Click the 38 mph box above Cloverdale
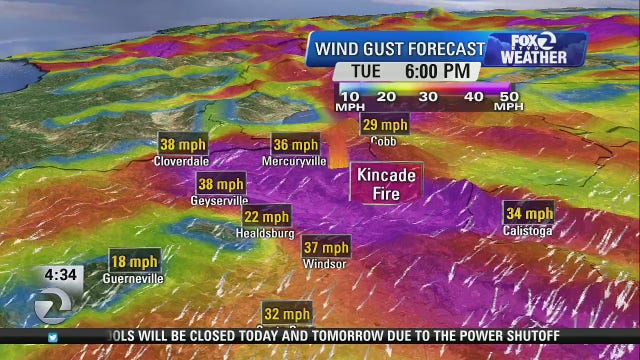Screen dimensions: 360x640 tap(181, 143)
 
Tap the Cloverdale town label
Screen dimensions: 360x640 tap(181, 160)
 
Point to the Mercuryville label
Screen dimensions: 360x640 tap(294, 160)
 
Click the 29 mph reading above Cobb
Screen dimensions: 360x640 tap(384, 125)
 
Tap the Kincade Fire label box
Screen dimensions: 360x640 tap(386, 183)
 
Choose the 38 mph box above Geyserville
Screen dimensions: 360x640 tap(221, 184)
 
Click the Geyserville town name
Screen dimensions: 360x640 tap(220, 201)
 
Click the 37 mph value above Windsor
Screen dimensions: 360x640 tap(325, 247)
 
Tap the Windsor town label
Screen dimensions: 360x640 tap(325, 264)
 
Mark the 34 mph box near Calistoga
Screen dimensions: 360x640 tap(528, 213)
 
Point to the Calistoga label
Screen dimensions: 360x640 tap(528, 231)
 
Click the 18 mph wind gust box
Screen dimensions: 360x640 tap(134, 262)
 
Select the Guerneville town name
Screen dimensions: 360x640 tap(133, 279)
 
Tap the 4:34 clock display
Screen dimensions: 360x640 tap(62, 274)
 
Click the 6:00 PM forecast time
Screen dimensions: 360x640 tap(437, 71)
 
